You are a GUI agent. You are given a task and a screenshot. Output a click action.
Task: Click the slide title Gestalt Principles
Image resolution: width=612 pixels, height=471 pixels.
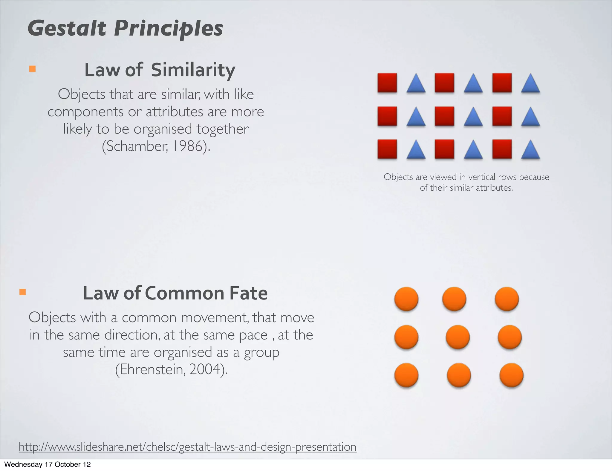pos(125,28)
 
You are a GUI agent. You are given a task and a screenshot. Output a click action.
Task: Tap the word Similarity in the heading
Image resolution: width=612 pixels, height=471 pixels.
pos(193,70)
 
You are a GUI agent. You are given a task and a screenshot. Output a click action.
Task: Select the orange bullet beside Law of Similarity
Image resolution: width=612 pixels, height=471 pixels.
pos(32,69)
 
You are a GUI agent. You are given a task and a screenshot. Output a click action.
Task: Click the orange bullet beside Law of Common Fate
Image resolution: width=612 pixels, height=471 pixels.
pos(22,292)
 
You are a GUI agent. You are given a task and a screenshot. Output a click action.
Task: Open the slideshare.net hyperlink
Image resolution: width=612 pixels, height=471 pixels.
pos(187,447)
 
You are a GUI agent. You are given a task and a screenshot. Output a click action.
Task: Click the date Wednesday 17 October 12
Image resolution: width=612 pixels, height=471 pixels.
pos(47,464)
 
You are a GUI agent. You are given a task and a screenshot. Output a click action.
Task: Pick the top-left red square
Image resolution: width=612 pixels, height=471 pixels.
pos(387,83)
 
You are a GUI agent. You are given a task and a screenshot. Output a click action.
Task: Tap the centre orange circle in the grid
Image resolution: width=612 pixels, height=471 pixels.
pos(458,337)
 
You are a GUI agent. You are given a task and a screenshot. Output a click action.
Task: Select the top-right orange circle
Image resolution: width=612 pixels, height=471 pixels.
pos(507,299)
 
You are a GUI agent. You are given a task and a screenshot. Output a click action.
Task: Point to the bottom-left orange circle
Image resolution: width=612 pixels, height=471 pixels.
pos(406,375)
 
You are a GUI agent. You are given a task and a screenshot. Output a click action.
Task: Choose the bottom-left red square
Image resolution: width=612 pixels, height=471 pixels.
pos(387,149)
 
